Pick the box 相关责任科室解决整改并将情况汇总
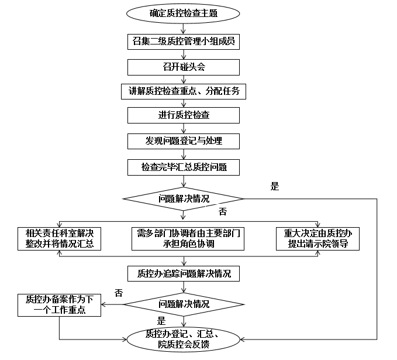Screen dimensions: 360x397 (60, 238)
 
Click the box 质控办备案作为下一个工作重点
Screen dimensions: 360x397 (59, 304)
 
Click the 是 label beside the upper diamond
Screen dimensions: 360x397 (275, 187)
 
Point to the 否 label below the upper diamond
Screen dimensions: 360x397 (222, 210)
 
